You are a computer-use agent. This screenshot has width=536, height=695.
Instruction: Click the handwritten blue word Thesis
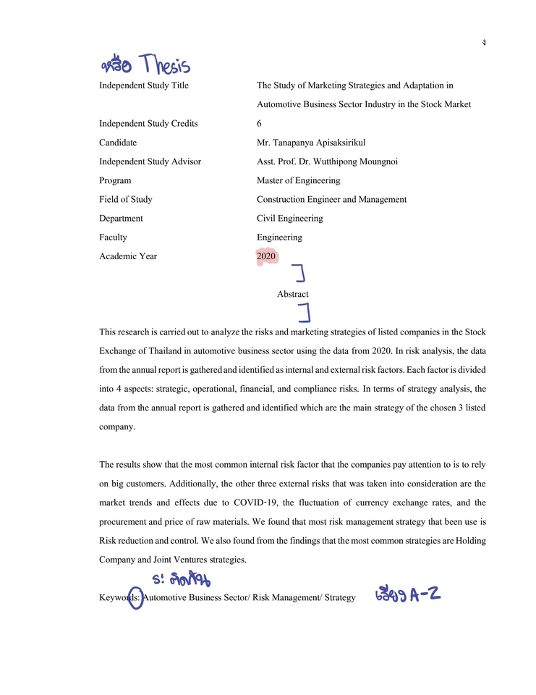pyautogui.click(x=166, y=66)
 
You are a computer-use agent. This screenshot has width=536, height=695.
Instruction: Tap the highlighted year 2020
pyautogui.click(x=266, y=256)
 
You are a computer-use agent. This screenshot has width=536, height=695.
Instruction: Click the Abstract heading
pyautogui.click(x=292, y=294)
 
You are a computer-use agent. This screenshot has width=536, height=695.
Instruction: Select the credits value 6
pyautogui.click(x=259, y=124)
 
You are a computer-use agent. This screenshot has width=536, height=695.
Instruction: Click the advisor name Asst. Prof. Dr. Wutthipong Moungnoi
pyautogui.click(x=326, y=161)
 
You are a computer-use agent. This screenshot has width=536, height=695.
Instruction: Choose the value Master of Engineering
pyautogui.click(x=298, y=180)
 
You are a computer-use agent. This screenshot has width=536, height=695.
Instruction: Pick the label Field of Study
pyautogui.click(x=126, y=199)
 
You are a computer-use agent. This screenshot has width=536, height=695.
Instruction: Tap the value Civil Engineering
pyautogui.click(x=289, y=218)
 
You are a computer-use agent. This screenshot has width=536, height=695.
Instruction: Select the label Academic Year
pyautogui.click(x=128, y=256)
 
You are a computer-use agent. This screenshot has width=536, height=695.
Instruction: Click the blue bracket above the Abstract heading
pyautogui.click(x=299, y=273)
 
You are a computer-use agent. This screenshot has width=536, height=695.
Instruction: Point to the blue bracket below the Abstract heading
pyautogui.click(x=305, y=313)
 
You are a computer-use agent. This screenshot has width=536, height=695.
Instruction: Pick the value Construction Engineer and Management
pyautogui.click(x=331, y=199)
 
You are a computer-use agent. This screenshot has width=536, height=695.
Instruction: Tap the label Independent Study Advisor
pyautogui.click(x=150, y=161)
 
